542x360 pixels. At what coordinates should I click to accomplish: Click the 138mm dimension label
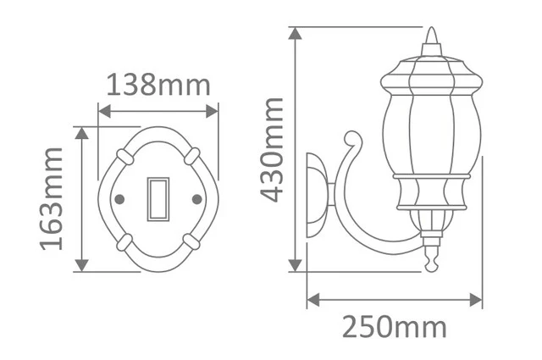tap(158, 85)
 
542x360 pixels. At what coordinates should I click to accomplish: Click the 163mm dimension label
tap(52, 198)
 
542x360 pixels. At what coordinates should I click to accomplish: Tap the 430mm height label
tap(272, 150)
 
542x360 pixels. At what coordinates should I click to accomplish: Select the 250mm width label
tap(395, 327)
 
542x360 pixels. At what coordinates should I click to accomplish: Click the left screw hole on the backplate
tap(119, 199)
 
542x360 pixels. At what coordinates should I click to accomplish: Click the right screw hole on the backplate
tap(196, 199)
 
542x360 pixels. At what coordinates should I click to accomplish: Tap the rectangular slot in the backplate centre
tap(158, 199)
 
